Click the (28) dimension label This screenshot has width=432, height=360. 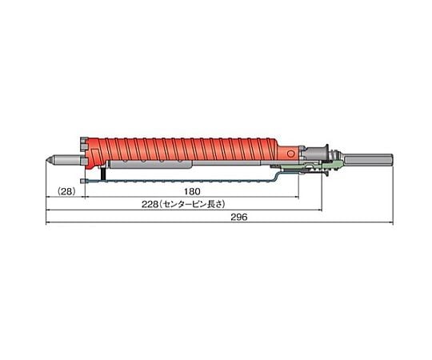pyautogui.click(x=66, y=191)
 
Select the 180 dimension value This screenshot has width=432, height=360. pyautogui.click(x=192, y=191)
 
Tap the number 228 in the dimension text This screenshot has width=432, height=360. pyautogui.click(x=150, y=204)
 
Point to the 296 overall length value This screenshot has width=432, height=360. pyautogui.click(x=239, y=217)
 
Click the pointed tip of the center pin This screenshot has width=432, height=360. pyautogui.click(x=46, y=160)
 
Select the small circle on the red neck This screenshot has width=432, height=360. pyautogui.click(x=290, y=154)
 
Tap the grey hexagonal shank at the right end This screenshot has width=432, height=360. pyautogui.click(x=368, y=160)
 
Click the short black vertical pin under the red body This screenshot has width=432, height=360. pyautogui.click(x=103, y=173)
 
